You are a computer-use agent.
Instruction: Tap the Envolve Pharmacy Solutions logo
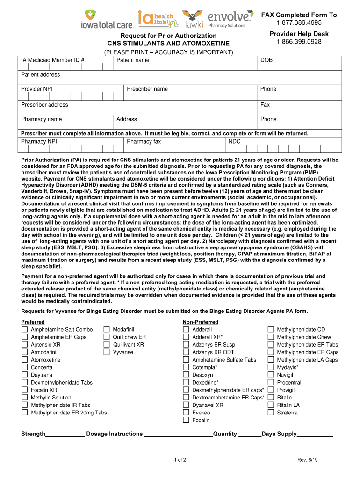[x=230, y=19]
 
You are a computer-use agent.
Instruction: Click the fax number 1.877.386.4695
[x=299, y=23]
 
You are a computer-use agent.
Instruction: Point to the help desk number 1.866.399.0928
[x=299, y=42]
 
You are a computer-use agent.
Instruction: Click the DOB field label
[x=266, y=60]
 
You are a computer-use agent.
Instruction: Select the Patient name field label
[x=133, y=60]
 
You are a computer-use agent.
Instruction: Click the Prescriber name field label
[x=147, y=89]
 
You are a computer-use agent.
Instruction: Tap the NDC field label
[x=234, y=141]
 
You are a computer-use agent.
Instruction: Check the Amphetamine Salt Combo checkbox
[x=24, y=330]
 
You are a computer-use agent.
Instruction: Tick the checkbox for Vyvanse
[x=107, y=352]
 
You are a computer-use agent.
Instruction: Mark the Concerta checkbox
[x=24, y=367]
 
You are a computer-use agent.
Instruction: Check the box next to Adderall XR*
[x=186, y=337]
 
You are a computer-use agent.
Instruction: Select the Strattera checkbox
[x=271, y=413]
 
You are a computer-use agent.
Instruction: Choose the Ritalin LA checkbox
[x=271, y=405]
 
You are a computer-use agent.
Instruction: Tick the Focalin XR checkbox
[x=24, y=390]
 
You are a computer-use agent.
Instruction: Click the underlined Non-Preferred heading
[x=200, y=322]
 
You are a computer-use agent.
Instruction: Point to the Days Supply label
[x=279, y=434]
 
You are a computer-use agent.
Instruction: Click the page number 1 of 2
[x=180, y=460]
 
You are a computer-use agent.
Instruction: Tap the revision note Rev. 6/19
[x=307, y=460]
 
